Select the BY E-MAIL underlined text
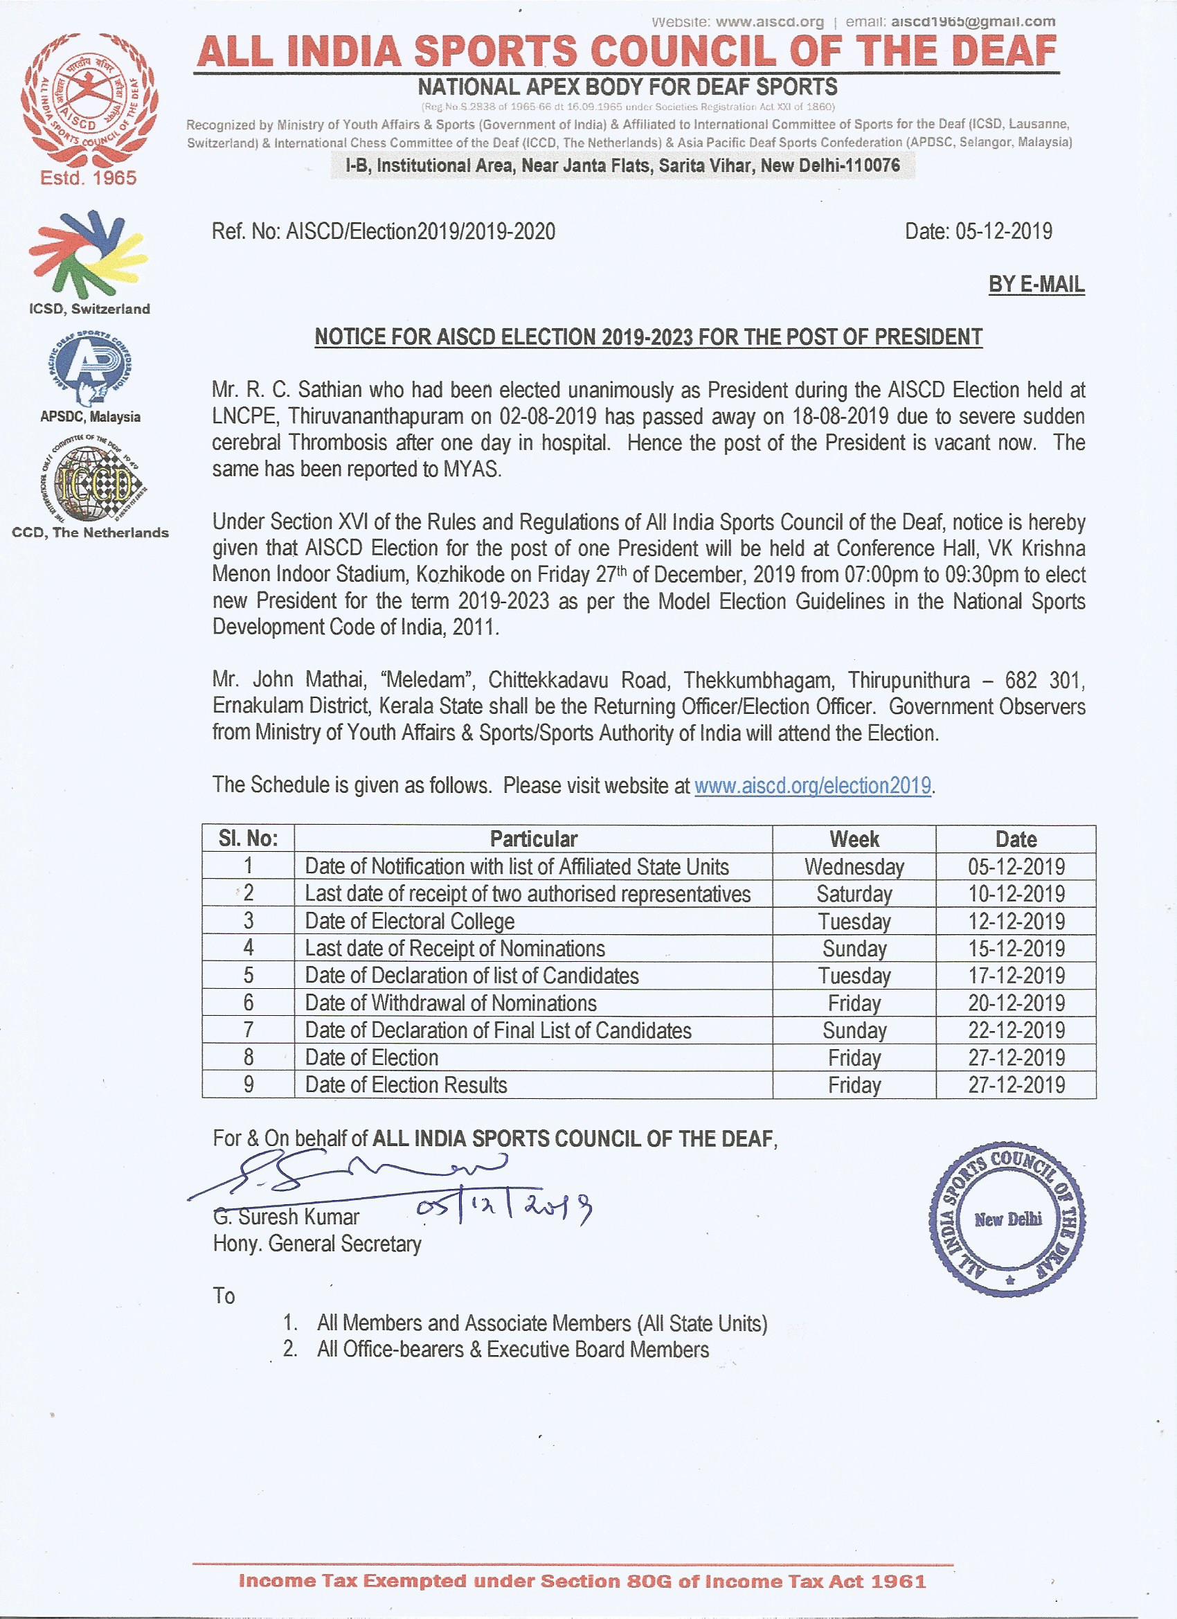(1036, 284)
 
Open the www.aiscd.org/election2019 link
(812, 785)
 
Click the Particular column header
(533, 839)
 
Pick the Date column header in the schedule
(1015, 839)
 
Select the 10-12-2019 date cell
(1016, 894)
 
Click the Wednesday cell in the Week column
(854, 866)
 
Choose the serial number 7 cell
(249, 1030)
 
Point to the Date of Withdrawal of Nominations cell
(451, 1003)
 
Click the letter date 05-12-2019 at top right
(978, 231)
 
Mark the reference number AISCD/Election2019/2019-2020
(384, 231)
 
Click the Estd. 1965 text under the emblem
(88, 177)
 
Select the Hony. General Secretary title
(317, 1244)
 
